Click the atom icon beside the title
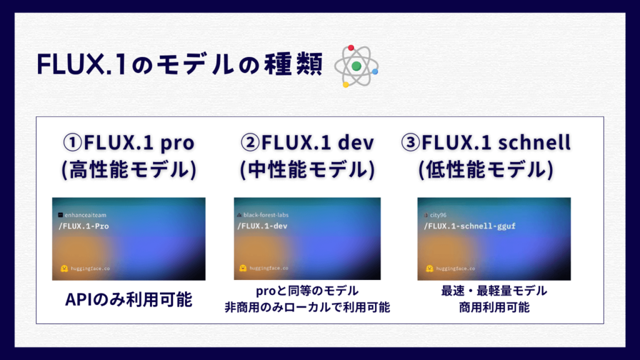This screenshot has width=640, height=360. click(356, 66)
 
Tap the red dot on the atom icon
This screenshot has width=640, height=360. click(351, 47)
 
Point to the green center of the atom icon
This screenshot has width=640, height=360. click(356, 66)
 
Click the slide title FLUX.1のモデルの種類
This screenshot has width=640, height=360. click(179, 64)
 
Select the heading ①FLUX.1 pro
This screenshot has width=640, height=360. click(129, 142)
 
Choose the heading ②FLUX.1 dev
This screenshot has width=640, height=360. click(307, 142)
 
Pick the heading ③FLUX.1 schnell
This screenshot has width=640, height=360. click(486, 142)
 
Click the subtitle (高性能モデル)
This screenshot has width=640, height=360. click(129, 169)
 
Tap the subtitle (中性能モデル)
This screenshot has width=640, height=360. click(307, 169)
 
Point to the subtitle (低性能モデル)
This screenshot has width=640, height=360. click(486, 169)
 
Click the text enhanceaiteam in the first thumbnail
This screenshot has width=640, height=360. click(85, 215)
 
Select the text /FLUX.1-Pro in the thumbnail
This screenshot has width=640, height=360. click(84, 226)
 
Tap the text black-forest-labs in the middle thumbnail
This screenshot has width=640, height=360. click(266, 215)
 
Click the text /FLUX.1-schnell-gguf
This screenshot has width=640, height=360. click(469, 226)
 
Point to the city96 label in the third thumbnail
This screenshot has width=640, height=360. click(438, 215)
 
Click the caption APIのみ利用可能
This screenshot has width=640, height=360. click(129, 299)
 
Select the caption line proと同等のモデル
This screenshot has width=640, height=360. click(307, 291)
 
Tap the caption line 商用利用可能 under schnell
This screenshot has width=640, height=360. click(494, 307)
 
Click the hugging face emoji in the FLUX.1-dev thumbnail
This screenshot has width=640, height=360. click(243, 268)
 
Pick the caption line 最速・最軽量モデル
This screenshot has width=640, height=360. click(494, 291)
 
